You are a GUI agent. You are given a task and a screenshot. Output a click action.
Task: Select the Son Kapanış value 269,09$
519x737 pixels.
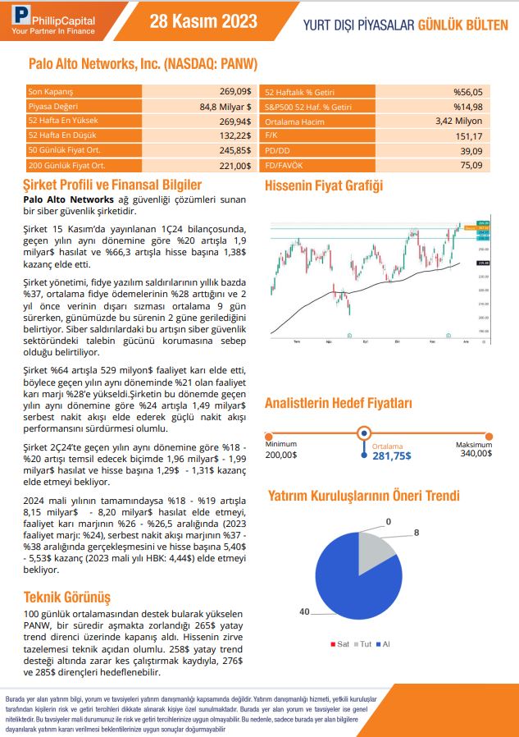tap(234, 91)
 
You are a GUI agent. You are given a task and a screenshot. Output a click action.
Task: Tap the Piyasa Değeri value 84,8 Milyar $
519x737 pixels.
tap(225, 106)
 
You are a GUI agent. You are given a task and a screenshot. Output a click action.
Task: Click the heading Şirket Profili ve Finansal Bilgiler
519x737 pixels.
tap(112, 185)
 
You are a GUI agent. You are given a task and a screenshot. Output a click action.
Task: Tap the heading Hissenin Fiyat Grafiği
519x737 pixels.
tap(324, 186)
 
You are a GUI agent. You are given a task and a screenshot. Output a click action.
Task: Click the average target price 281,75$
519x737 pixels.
tap(392, 456)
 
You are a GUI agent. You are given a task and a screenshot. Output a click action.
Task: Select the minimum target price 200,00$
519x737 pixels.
tap(281, 454)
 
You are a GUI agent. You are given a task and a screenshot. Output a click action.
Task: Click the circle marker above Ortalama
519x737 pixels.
tap(364, 434)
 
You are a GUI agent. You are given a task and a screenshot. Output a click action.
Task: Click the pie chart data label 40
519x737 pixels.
tap(305, 612)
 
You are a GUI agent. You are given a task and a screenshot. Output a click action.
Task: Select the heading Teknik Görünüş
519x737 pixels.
tap(67, 597)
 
